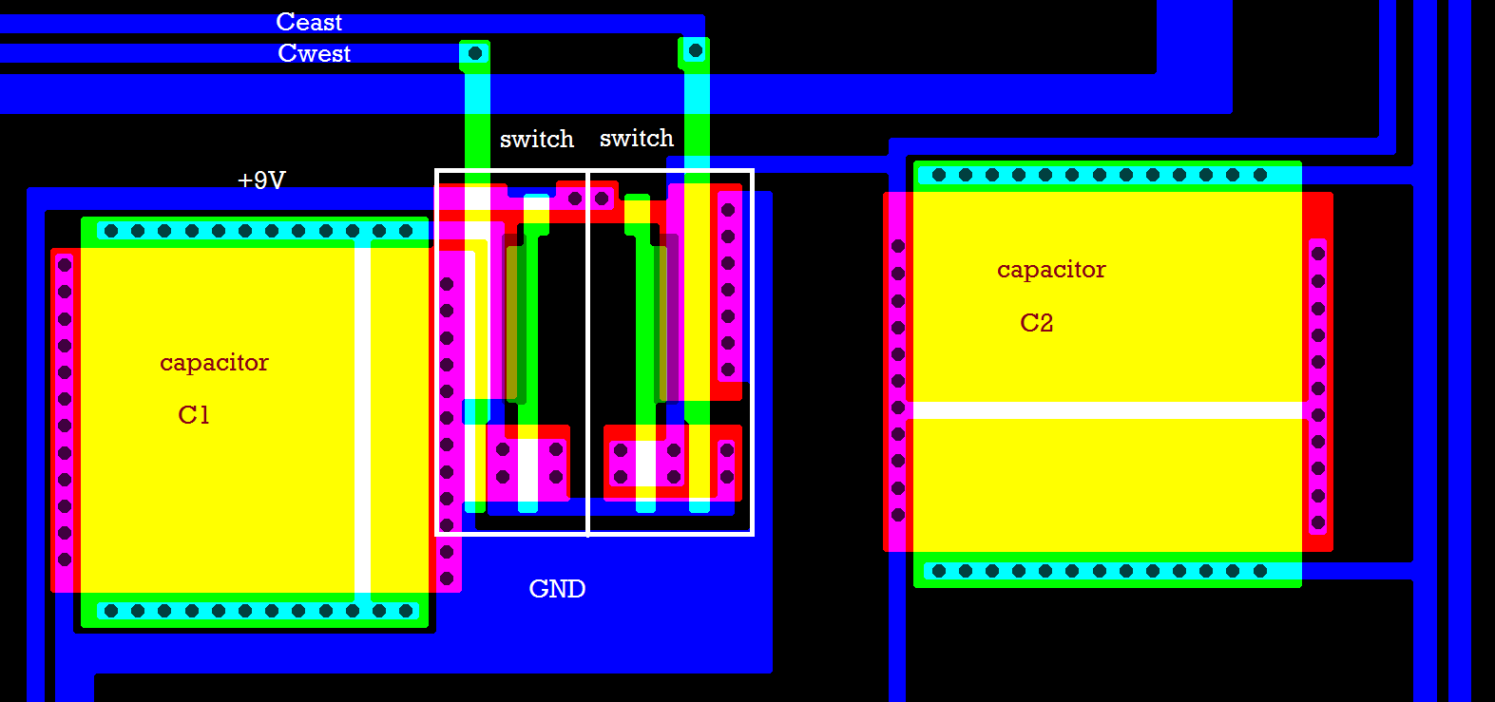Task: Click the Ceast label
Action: [309, 22]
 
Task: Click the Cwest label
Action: [314, 53]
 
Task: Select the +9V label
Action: [261, 180]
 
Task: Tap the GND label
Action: [557, 589]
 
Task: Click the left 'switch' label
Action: [537, 140]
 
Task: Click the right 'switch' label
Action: [637, 139]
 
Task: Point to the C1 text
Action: [194, 415]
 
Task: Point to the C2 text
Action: [1036, 323]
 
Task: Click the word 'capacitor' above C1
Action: [214, 363]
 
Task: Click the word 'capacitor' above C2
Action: [1051, 270]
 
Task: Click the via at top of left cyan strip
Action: [475, 53]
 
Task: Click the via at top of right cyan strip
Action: [695, 50]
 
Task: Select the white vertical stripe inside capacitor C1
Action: [362, 418]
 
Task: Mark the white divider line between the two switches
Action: [588, 351]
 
